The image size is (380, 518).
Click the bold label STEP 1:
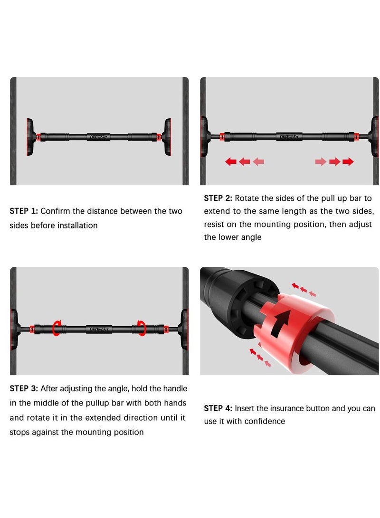point(24,211)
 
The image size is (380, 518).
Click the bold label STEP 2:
point(218,198)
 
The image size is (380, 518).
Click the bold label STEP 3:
point(24,388)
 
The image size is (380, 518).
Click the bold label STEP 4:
point(218,408)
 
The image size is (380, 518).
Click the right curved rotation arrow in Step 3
point(141,328)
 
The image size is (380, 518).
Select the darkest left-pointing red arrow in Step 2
point(231,162)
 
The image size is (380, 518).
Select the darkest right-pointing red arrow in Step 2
point(348,162)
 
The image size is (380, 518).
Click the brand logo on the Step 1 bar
point(99,137)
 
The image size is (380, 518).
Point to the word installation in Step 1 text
point(77,226)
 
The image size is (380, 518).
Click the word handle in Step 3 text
point(175,388)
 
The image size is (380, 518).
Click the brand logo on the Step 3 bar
point(99,328)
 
